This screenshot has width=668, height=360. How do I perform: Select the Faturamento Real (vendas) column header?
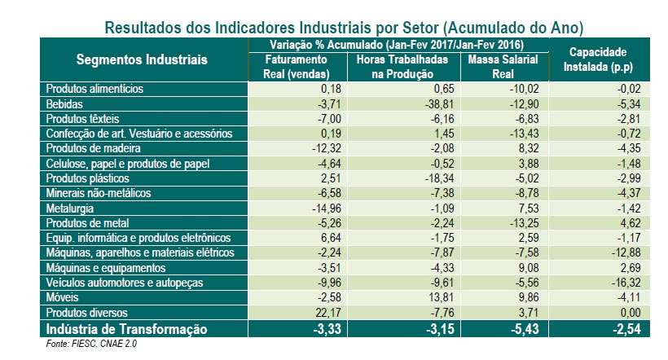click(x=297, y=67)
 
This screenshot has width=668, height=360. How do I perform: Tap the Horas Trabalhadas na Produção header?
click(x=399, y=67)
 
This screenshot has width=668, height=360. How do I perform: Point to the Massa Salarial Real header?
click(x=501, y=67)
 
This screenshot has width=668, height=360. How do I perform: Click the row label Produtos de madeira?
click(x=94, y=148)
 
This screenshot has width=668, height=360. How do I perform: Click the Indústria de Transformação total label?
click(x=125, y=330)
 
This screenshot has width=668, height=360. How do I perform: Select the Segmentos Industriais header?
click(x=142, y=59)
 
